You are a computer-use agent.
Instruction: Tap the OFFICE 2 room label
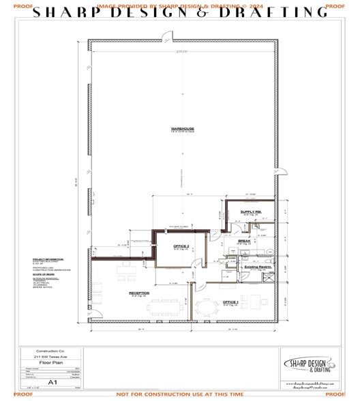coord(181,246)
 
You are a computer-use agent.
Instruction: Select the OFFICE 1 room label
coord(230,301)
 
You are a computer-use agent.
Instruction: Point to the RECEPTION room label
coord(139,293)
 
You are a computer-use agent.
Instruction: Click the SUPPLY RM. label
coord(250,212)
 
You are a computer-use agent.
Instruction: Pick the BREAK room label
coord(243,241)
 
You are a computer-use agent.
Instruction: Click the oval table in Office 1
coord(206,306)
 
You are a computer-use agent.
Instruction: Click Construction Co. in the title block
coord(50,351)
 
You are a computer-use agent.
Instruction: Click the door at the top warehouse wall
coord(164,38)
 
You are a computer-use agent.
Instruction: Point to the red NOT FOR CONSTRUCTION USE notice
coord(180,395)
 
